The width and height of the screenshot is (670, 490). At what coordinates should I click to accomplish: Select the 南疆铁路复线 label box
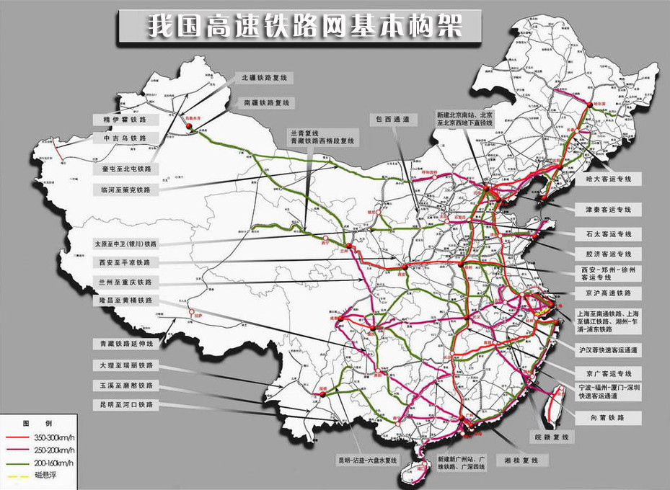(x=265, y=102)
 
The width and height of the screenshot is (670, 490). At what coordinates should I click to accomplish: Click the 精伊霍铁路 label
(x=125, y=119)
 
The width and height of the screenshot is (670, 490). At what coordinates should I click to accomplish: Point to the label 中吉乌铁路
(x=125, y=138)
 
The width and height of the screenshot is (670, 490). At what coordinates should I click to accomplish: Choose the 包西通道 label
(x=392, y=119)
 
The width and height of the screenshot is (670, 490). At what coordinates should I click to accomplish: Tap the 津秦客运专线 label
(x=603, y=210)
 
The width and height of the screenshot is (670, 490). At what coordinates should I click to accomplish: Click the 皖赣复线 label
(x=551, y=437)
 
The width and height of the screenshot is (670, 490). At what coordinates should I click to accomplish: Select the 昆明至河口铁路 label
(x=127, y=405)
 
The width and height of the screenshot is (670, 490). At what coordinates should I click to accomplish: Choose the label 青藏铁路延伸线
(x=127, y=344)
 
